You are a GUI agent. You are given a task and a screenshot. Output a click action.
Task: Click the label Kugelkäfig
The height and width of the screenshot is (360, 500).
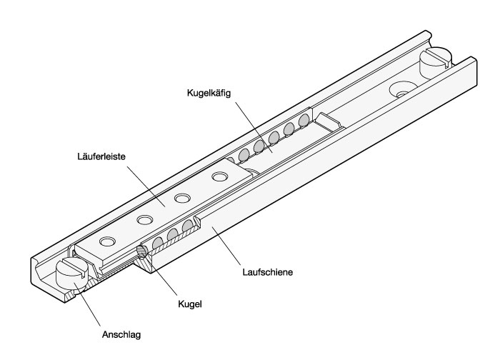point(209,94)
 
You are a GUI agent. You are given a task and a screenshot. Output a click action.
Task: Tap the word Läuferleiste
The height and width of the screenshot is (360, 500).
point(101,156)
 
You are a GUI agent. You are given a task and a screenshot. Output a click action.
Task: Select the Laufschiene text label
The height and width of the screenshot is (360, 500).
point(268,272)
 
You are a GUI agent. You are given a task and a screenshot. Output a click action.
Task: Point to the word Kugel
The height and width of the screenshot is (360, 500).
point(190,304)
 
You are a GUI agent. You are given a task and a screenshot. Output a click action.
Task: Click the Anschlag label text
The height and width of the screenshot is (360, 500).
point(121,335)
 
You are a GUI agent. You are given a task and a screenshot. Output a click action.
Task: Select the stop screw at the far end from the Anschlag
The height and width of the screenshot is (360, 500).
point(435,62)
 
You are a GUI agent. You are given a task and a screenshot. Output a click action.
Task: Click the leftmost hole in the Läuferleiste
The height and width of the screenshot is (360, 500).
point(106,241)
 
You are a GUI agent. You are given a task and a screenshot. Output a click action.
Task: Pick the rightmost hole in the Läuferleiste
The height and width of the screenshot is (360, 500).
point(219,176)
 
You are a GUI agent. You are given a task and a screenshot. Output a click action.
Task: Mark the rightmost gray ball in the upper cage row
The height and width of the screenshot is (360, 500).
point(304,121)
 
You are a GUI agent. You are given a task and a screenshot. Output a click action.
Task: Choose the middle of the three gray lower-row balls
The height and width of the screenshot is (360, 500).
point(172,235)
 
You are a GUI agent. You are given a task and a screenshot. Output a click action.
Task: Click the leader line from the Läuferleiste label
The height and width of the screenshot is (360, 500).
point(146,186)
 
